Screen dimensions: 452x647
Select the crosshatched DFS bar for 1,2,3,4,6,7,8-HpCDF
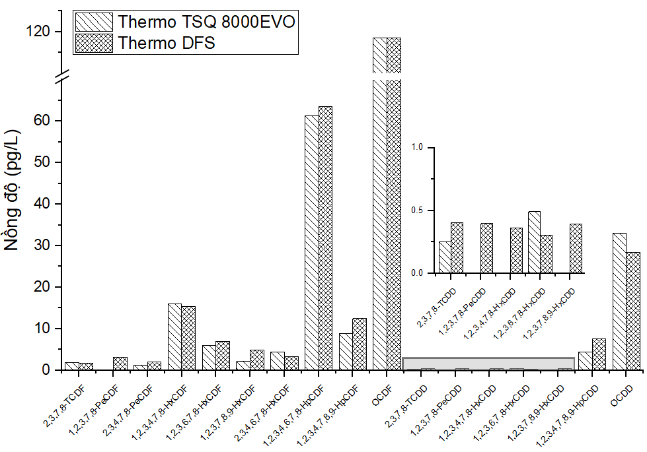point(325,238)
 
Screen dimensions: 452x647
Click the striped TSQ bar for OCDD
point(619,301)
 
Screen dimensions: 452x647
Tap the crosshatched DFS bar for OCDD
point(633,311)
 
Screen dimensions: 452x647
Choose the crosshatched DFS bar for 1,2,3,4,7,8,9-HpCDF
point(360,344)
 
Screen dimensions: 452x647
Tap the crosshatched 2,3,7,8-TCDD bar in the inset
point(457,247)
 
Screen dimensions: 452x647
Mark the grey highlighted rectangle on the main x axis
point(488,364)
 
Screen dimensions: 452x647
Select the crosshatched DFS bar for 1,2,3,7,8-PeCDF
point(120,363)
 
